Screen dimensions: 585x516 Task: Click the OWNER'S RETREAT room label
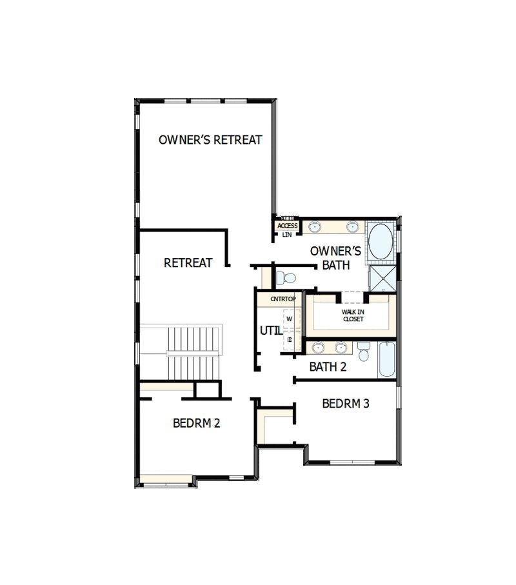point(210,140)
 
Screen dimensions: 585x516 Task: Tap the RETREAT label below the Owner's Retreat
point(188,263)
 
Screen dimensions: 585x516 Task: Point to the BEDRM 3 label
point(346,404)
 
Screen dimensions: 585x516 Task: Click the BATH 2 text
point(328,367)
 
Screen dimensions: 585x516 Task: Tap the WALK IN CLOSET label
point(353,315)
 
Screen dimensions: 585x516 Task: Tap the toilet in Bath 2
point(364,353)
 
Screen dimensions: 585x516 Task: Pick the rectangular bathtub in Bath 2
point(386,360)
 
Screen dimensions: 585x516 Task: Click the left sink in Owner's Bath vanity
point(315,227)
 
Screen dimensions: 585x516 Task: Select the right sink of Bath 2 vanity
point(342,348)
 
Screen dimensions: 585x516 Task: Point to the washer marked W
point(290,319)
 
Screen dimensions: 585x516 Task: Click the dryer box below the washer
point(290,339)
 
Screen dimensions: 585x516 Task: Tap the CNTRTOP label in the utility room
point(283,299)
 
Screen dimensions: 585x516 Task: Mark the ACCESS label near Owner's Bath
point(288,226)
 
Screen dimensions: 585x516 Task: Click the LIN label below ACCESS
point(287,235)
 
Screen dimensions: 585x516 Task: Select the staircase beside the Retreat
point(192,353)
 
